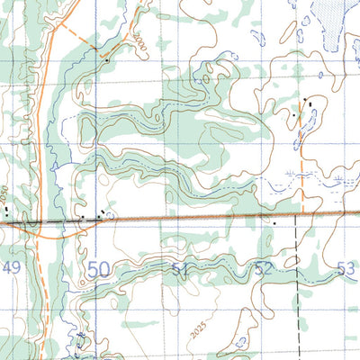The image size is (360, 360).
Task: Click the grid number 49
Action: [x=12, y=267]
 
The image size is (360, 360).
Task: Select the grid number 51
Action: [x=180, y=268]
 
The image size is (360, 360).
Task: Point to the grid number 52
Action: [x=263, y=267]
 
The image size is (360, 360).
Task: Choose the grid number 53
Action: [x=346, y=267]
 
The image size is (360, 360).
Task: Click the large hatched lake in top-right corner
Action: [x=329, y=20]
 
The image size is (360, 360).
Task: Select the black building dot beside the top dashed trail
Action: [x=106, y=62]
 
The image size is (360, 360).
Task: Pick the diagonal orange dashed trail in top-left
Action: [x=79, y=40]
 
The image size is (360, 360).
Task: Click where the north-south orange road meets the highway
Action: [x=40, y=221]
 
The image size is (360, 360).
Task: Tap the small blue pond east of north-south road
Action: [x=55, y=166]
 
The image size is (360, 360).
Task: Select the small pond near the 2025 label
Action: [x=240, y=342]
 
